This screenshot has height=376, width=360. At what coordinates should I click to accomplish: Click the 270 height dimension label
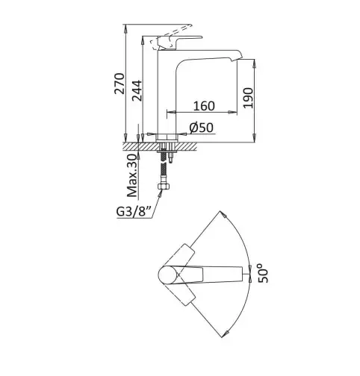(120, 84)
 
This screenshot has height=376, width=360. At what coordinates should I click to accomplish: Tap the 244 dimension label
(137, 90)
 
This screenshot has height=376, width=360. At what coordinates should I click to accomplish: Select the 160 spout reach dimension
(204, 106)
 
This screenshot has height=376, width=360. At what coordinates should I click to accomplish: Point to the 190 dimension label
(248, 98)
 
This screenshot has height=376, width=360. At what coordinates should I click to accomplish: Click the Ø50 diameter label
(201, 128)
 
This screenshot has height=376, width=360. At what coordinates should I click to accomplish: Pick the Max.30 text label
(132, 175)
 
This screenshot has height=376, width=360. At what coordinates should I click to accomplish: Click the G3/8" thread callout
(134, 212)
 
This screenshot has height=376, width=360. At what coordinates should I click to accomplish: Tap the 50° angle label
(263, 273)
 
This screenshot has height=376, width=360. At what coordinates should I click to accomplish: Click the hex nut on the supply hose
(164, 187)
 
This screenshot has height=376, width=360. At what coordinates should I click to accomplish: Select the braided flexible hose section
(164, 168)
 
